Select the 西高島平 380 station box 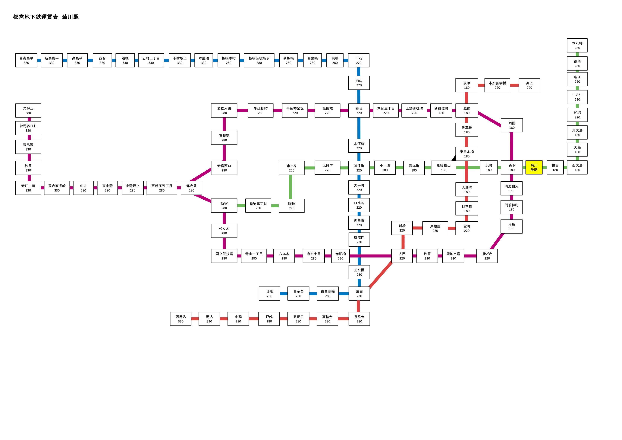26,60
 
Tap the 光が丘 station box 28,110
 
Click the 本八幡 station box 577,45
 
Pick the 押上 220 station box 529,85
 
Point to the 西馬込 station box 181,319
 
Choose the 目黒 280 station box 269,294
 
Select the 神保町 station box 359,168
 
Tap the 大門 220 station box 402,256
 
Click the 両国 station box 512,125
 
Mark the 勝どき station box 487,256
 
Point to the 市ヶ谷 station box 291,168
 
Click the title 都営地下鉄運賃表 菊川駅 46,17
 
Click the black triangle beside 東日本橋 454,158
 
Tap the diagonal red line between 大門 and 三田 381,275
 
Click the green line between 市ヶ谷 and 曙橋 291,187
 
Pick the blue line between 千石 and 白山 359,71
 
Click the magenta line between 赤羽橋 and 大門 370,256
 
